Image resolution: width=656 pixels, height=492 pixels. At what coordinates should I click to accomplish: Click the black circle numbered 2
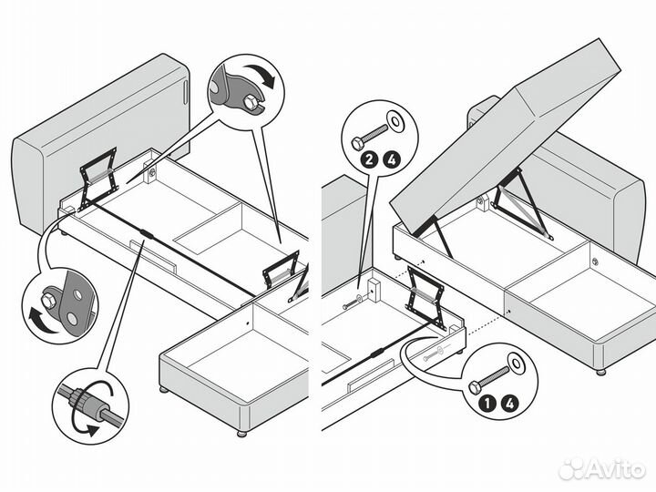pos(369,159)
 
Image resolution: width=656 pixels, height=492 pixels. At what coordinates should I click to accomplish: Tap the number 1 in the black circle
pos(487,404)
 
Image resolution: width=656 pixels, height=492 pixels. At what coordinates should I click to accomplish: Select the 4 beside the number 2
pos(392,159)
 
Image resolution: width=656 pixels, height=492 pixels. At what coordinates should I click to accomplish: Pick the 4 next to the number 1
pos(510,404)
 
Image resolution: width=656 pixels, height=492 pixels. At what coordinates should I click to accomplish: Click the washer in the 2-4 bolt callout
pos(395,121)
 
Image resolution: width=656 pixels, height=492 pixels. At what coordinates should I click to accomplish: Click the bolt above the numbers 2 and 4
pos(369,137)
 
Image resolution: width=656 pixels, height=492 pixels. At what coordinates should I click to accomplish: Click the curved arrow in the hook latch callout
pos(261,75)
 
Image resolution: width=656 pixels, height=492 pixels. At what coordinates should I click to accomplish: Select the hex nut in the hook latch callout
pos(250,102)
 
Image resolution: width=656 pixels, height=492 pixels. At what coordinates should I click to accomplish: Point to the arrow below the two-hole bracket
pos(42,321)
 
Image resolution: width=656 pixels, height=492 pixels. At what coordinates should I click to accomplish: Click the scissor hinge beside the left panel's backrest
pos(97,178)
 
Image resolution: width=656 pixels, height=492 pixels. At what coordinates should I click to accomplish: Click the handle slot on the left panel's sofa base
pos(154,256)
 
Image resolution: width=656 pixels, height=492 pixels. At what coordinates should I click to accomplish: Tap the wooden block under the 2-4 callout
pos(374,290)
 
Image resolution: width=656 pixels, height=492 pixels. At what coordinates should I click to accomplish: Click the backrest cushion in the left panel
pos(100,142)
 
